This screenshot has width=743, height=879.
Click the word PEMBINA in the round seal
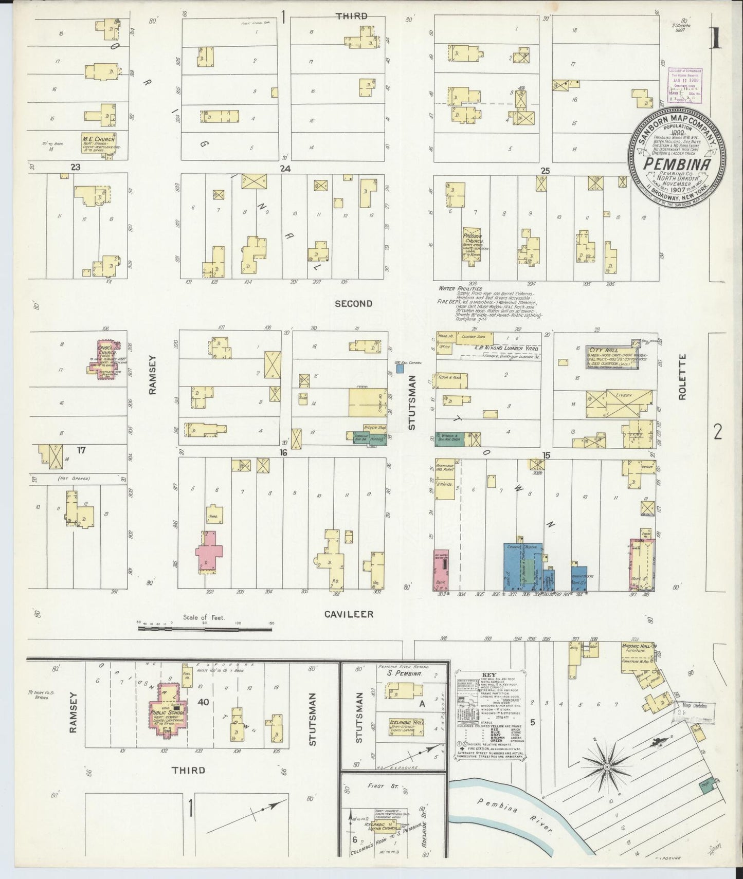pos(676,164)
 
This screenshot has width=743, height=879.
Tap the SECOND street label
pos(353,304)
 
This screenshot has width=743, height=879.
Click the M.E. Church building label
pos(98,139)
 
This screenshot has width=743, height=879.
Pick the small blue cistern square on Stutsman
pos(400,369)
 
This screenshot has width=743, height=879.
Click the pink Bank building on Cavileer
pos(441,569)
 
